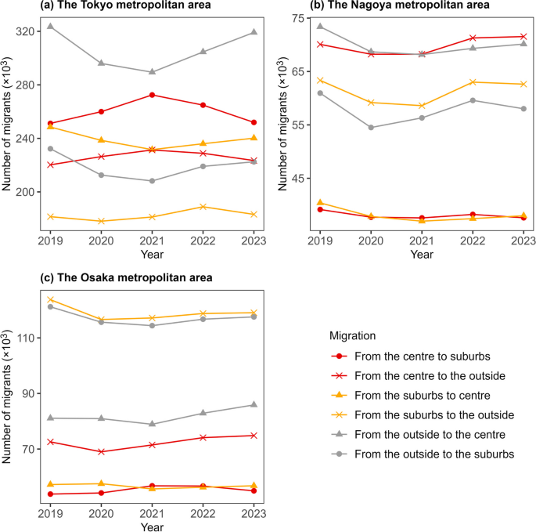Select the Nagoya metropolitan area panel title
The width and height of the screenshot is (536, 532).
pos(401,6)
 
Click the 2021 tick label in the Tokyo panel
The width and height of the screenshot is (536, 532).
pos(151,241)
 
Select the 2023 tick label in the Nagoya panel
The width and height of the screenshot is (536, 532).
pos(523,241)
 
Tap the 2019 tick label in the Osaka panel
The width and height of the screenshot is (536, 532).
pos(50,513)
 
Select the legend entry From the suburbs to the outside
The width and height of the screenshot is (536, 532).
pos(433,414)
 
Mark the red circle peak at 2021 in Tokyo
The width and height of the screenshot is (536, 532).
pos(151,95)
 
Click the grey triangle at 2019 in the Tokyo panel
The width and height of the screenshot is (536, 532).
pos(50,26)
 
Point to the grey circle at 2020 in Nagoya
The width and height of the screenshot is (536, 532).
pos(371,128)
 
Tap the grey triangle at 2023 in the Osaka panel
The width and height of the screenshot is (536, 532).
pos(253,404)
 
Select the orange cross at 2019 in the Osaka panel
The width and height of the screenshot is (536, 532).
pos(50,299)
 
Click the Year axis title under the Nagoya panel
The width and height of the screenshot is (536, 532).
pos(422,254)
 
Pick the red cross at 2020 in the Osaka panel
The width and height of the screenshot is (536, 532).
pos(101,452)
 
